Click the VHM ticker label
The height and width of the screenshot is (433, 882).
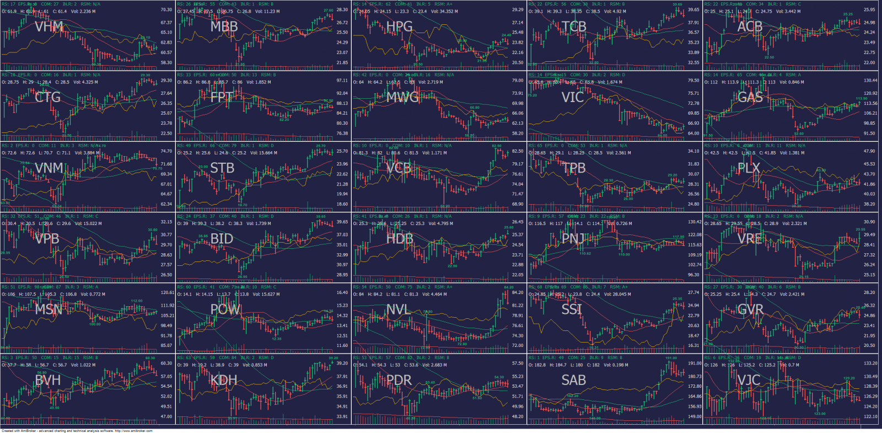49,26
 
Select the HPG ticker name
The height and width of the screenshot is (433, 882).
399,26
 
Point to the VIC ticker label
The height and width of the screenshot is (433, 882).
573,97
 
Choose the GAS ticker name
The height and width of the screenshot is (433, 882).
750,97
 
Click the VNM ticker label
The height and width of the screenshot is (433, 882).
49,168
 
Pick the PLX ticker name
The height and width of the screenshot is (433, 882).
749,168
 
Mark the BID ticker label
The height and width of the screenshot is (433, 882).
222,239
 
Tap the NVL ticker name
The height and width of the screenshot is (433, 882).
398,309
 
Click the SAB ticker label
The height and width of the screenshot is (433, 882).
573,380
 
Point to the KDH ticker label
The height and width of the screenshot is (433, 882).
224,380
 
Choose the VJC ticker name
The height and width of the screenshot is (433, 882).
749,380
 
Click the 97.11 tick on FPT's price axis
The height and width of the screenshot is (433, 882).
342,81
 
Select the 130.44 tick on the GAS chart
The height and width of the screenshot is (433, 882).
870,81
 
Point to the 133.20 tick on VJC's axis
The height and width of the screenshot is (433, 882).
870,363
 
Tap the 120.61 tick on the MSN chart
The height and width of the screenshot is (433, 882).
167,293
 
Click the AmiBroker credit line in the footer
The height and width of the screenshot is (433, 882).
77,431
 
